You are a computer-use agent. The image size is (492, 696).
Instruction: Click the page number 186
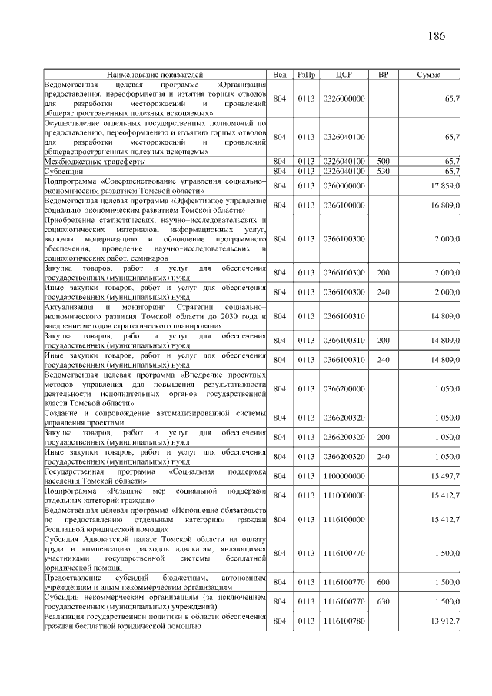click(437, 35)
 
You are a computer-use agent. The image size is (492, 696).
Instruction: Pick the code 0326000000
click(344, 99)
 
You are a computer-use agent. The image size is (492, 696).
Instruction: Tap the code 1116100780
click(344, 621)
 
